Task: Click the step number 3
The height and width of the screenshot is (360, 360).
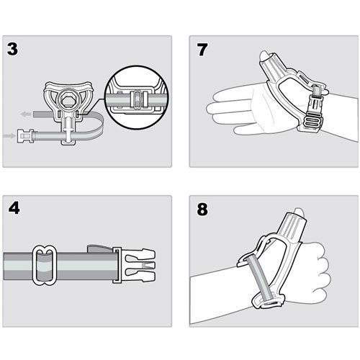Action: pyautogui.click(x=12, y=49)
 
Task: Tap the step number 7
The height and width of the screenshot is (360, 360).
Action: pyautogui.click(x=202, y=50)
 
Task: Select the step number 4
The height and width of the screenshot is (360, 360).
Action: pyautogui.click(x=14, y=208)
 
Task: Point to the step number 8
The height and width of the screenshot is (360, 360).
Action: pyautogui.click(x=202, y=210)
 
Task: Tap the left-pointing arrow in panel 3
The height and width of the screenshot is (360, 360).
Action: pyautogui.click(x=26, y=114)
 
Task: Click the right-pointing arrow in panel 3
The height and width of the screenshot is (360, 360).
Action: pyautogui.click(x=9, y=136)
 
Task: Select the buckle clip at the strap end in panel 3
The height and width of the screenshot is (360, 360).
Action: pyautogui.click(x=25, y=136)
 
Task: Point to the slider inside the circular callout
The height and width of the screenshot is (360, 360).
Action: pyautogui.click(x=137, y=99)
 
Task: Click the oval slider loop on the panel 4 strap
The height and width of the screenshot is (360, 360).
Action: pyautogui.click(x=45, y=265)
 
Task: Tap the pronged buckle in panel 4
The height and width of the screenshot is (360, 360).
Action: pyautogui.click(x=134, y=265)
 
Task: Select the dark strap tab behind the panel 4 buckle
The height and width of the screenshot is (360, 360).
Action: pyautogui.click(x=99, y=249)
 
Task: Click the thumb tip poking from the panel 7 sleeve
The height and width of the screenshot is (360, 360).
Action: pyautogui.click(x=265, y=55)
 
